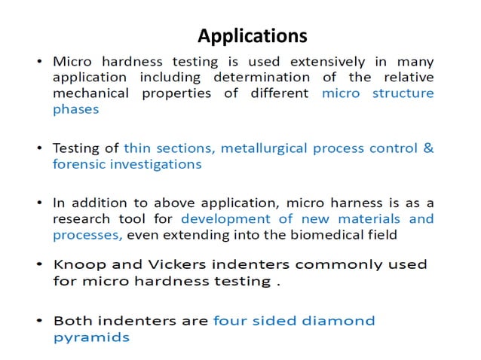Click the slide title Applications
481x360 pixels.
pyautogui.click(x=252, y=35)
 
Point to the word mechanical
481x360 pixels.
pyautogui.click(x=88, y=93)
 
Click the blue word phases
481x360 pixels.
pyautogui.click(x=75, y=109)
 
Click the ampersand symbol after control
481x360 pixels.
pyautogui.click(x=427, y=148)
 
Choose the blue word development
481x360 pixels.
pyautogui.click(x=220, y=218)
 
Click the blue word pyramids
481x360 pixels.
pyautogui.click(x=91, y=337)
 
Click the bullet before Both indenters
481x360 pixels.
pyautogui.click(x=38, y=321)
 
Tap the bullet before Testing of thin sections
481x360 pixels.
pyautogui.click(x=38, y=148)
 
